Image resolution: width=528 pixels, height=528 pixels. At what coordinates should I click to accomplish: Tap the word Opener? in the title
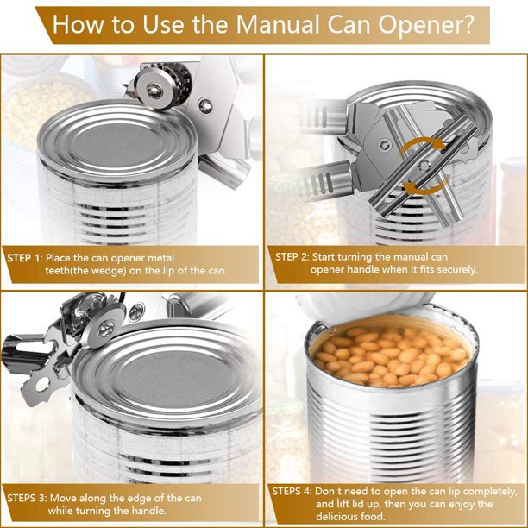pyautogui.click(x=426, y=24)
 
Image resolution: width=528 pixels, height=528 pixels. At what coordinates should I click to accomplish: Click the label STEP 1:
pyautogui.click(x=25, y=258)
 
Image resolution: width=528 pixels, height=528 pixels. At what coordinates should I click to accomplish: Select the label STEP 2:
pyautogui.click(x=292, y=257)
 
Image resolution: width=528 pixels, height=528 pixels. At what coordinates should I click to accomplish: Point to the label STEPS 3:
pyautogui.click(x=28, y=498)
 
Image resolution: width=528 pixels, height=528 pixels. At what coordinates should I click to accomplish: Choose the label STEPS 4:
pyautogui.click(x=292, y=491)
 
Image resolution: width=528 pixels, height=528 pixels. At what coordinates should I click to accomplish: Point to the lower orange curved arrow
pyautogui.click(x=426, y=187)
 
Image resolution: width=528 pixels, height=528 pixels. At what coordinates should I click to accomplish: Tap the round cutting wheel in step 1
pyautogui.click(x=155, y=89)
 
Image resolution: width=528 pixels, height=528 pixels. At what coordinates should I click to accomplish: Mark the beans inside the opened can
pyautogui.click(x=391, y=357)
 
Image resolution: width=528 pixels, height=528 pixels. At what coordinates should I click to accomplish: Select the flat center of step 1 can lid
pyautogui.click(x=116, y=144)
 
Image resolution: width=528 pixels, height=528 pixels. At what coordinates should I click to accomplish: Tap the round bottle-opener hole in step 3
pyautogui.click(x=42, y=385)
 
